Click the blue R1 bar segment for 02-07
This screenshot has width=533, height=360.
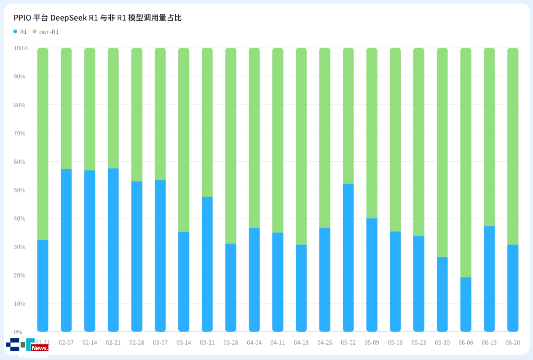click(x=66, y=250)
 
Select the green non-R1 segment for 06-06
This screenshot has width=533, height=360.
click(x=466, y=163)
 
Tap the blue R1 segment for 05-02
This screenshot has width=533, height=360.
click(x=348, y=257)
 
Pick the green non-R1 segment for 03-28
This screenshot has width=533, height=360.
click(x=231, y=146)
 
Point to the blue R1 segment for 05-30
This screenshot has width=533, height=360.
click(x=442, y=294)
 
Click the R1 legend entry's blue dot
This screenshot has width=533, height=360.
click(x=16, y=32)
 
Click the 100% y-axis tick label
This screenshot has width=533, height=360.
click(x=21, y=48)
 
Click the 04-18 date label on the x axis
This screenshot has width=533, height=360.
click(x=301, y=343)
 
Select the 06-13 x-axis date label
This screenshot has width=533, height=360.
click(x=489, y=343)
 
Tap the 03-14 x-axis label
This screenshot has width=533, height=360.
click(x=184, y=343)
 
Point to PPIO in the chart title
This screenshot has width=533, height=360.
click(x=22, y=18)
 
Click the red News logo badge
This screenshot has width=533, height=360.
click(x=40, y=348)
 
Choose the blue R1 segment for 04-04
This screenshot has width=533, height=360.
click(x=254, y=280)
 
